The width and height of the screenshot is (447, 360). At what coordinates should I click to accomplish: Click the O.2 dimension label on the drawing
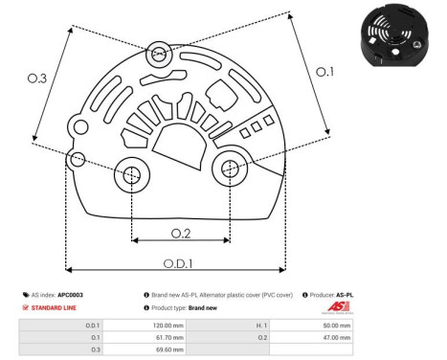point(181,233)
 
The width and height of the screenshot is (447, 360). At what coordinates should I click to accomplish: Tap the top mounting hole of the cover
point(158,53)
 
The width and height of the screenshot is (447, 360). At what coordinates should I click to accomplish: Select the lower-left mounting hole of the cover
point(131,174)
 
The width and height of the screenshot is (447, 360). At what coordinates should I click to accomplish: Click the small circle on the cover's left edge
point(78,156)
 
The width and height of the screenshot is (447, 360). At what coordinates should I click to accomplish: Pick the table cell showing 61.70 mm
point(167,338)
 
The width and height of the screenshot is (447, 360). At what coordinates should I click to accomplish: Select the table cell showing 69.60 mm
point(167,350)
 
